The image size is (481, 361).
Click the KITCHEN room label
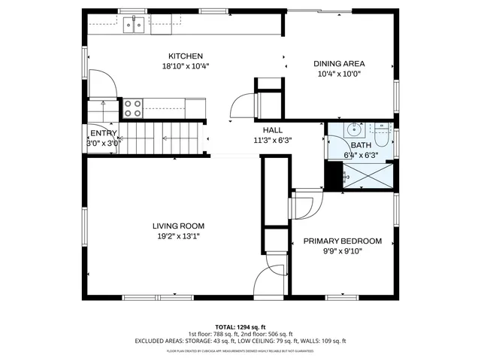click(x=185, y=56)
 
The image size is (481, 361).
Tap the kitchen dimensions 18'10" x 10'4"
click(x=185, y=66)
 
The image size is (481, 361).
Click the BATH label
click(x=360, y=145)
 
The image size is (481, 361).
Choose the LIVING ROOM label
click(x=178, y=226)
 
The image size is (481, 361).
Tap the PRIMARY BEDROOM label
click(x=342, y=241)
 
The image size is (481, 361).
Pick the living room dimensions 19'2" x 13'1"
click(x=178, y=236)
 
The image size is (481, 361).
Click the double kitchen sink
click(x=135, y=25)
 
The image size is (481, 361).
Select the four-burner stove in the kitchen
click(x=133, y=108)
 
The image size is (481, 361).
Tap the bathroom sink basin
click(x=355, y=129)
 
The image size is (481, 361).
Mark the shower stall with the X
click(x=368, y=175)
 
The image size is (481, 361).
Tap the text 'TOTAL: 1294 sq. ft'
click(x=240, y=327)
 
